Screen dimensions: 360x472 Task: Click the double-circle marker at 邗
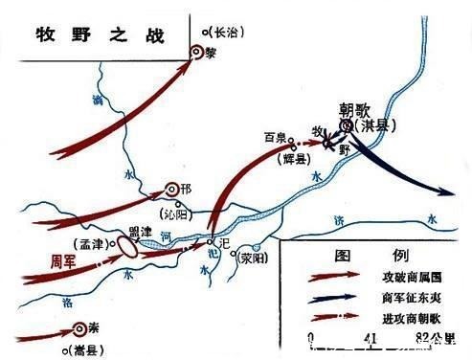point(173,189)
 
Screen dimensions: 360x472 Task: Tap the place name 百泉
point(276,137)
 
